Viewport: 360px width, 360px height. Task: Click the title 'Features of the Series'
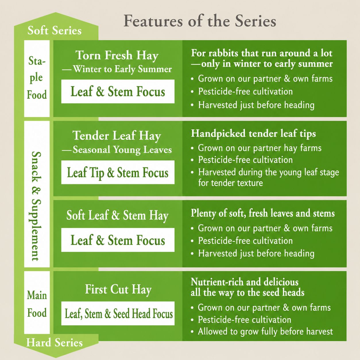click(x=200, y=21)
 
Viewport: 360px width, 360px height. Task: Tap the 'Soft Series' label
click(x=55, y=30)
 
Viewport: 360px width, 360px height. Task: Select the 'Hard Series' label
click(x=54, y=342)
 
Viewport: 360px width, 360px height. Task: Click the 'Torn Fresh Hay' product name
click(x=117, y=55)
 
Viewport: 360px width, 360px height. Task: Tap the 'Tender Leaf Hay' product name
click(x=117, y=136)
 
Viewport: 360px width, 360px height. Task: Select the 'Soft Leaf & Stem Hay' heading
click(x=117, y=216)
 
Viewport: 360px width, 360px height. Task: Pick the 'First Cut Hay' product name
click(x=118, y=289)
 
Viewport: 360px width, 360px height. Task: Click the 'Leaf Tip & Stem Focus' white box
click(x=118, y=172)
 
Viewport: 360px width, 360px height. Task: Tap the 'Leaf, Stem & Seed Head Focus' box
click(x=118, y=313)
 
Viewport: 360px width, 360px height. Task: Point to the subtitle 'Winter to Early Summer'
click(x=122, y=69)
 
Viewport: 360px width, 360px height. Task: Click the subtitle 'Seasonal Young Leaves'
click(x=122, y=150)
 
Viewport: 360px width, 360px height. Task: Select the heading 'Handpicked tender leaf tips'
click(x=253, y=134)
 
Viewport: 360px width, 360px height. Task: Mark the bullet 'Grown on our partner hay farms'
click(x=260, y=148)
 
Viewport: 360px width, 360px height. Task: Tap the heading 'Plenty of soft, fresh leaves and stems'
click(x=263, y=213)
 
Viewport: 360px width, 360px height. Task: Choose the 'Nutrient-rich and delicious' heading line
click(x=245, y=282)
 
